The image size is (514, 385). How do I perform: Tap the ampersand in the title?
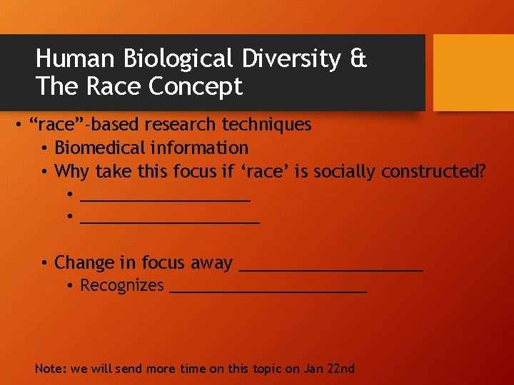[358, 59]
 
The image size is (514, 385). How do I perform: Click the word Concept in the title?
[196, 87]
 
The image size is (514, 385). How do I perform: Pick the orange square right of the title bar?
[473, 73]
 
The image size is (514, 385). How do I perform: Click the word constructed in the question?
[433, 172]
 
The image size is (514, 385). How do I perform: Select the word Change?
[84, 263]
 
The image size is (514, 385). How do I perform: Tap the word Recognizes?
[122, 286]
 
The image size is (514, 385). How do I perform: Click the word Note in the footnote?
[49, 369]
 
